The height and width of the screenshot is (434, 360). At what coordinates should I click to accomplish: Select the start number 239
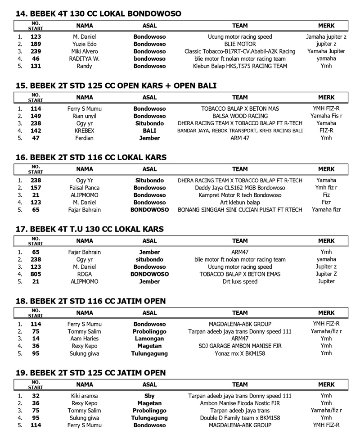[36, 51]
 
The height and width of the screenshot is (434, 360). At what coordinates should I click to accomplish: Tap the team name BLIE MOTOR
[240, 44]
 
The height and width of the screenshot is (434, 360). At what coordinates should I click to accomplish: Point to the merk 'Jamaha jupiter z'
[326, 37]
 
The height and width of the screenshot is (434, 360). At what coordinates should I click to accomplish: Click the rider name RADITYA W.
[84, 59]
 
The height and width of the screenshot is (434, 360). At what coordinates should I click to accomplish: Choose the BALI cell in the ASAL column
[149, 131]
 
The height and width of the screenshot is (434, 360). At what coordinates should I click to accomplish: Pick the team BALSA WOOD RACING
[240, 116]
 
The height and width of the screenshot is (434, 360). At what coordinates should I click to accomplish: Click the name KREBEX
[84, 131]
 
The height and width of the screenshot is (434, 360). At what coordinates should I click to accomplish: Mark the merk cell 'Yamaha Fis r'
[326, 116]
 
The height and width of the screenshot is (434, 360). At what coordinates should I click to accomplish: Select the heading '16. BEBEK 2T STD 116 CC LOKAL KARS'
[91, 158]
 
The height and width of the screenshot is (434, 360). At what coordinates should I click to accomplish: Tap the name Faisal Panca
[84, 188]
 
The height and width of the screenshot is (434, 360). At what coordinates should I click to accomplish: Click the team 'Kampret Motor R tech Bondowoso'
[240, 195]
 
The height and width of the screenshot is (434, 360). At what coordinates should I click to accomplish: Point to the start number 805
[36, 274]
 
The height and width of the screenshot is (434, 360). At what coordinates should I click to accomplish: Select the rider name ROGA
[84, 274]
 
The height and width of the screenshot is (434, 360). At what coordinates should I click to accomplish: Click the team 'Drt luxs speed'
[240, 281]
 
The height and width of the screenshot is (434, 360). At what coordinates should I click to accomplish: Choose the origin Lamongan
[149, 339]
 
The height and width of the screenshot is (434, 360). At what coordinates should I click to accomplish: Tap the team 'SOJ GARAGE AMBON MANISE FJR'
[240, 346]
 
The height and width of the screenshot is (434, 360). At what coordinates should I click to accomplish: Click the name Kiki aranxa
[84, 396]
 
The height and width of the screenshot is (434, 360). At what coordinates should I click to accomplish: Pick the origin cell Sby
[149, 396]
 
